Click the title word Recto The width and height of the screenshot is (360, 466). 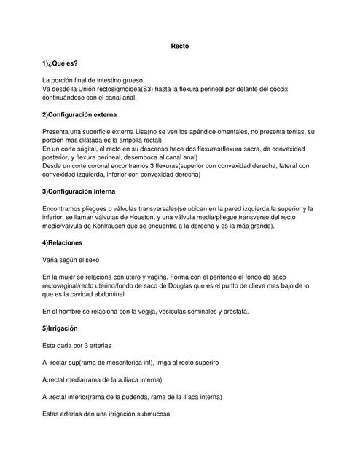click(179, 45)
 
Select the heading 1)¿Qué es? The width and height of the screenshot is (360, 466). click(60, 63)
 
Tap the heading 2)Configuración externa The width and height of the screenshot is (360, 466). click(79, 114)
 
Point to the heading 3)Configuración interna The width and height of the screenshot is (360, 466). click(79, 191)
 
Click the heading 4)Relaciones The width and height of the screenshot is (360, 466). click(62, 242)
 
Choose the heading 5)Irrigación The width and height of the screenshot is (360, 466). click(60, 328)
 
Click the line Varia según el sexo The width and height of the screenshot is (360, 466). click(71, 259)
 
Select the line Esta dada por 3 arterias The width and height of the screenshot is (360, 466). click(77, 345)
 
